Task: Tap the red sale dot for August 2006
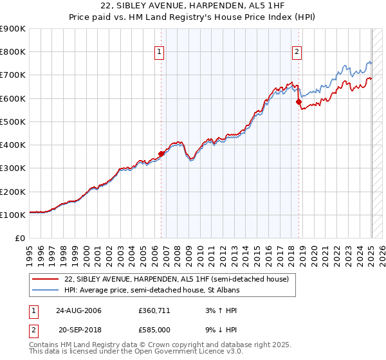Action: click(161, 153)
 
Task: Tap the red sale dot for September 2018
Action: click(299, 102)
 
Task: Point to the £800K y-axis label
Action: click(13, 52)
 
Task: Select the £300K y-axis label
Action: click(13, 168)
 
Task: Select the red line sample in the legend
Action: click(46, 279)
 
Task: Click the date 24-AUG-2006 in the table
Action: click(79, 310)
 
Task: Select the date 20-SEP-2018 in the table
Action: click(79, 330)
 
